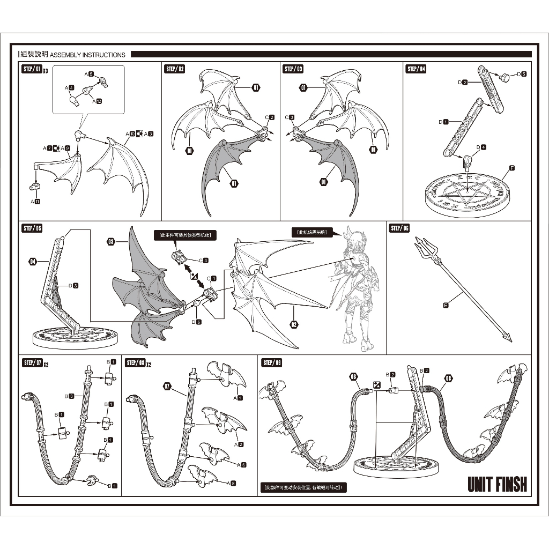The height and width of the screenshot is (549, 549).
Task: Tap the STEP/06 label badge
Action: tap(400, 228)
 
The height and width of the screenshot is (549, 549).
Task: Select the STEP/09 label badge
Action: tap(272, 363)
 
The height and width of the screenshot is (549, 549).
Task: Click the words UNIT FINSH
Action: tap(497, 484)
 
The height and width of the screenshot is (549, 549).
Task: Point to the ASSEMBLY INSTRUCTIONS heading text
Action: tap(87, 54)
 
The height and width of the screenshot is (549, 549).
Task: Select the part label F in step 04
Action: tap(512, 168)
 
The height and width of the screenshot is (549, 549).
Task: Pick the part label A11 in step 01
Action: tap(35, 202)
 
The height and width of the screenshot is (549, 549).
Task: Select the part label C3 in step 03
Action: tap(290, 117)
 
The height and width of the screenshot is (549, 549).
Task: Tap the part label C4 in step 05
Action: tap(203, 261)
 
